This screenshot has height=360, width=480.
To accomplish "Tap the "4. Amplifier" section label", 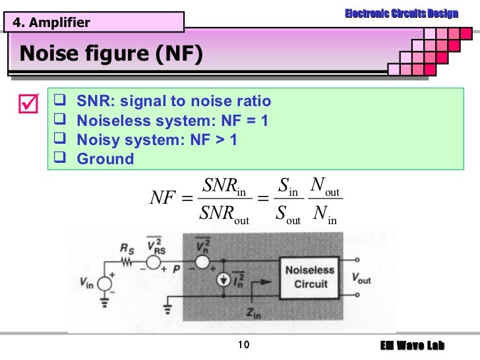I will (50, 23).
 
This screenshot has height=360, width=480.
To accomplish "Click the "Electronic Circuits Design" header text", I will (401, 14).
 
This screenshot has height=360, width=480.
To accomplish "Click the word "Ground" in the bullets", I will (105, 159).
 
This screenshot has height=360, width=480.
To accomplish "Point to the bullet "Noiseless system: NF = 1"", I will (172, 121).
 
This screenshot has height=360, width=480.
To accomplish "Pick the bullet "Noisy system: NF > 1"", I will (157, 140).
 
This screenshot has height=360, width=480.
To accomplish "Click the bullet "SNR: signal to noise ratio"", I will (173, 102).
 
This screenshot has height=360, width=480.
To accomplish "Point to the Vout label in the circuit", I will (361, 280).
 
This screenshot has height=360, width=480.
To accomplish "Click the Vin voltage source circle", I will (104, 284).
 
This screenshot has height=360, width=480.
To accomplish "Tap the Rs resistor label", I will (127, 249).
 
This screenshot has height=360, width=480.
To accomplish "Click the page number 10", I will (241, 345).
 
